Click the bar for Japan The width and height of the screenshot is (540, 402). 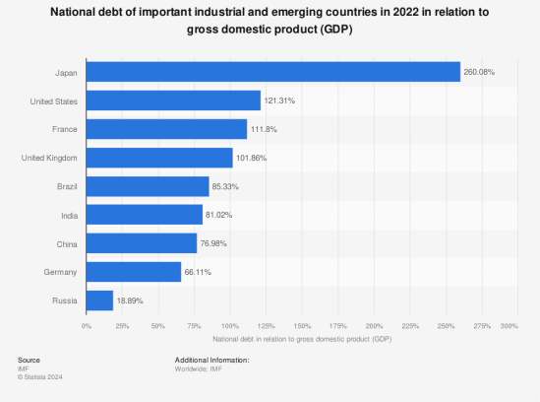(273, 72)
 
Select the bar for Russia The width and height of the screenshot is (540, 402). (99, 301)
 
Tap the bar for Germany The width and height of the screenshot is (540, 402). (134, 272)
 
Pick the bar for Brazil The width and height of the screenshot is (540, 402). (148, 186)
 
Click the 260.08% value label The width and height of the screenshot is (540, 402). (478, 72)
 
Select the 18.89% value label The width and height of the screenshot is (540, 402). (131, 301)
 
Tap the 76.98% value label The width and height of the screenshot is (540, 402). (214, 243)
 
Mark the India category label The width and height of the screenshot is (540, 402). (70, 215)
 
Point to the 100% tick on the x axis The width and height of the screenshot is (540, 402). (230, 325)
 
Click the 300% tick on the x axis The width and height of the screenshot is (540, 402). (509, 325)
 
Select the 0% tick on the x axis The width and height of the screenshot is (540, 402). (87, 325)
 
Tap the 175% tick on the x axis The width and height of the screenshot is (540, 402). (338, 325)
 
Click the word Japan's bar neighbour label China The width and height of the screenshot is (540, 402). (68, 243)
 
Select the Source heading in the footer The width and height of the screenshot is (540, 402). (29, 360)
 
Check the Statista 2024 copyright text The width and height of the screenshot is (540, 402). (39, 375)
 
